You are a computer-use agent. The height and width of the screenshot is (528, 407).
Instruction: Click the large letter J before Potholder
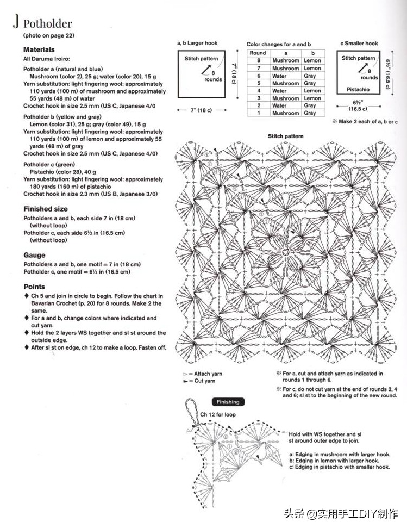(17, 22)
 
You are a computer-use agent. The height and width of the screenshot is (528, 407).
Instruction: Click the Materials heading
(39, 49)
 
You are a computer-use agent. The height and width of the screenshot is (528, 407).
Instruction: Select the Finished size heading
(46, 209)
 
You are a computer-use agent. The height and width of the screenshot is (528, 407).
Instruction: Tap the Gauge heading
(34, 255)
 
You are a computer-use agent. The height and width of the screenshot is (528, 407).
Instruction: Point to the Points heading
(34, 287)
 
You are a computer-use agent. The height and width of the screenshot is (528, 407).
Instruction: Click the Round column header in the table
(258, 53)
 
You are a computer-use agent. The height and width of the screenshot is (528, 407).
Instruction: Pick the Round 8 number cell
(258, 60)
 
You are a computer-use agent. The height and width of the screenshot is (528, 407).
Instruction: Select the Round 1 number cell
(258, 113)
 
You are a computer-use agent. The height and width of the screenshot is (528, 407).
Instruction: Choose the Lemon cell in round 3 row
(312, 98)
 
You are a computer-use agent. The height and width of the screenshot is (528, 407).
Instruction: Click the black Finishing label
(228, 402)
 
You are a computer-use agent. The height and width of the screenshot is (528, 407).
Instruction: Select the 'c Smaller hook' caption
(359, 43)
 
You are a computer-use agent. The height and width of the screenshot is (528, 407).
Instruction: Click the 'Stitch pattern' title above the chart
(286, 136)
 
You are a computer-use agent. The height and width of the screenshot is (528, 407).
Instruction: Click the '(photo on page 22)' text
(48, 35)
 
